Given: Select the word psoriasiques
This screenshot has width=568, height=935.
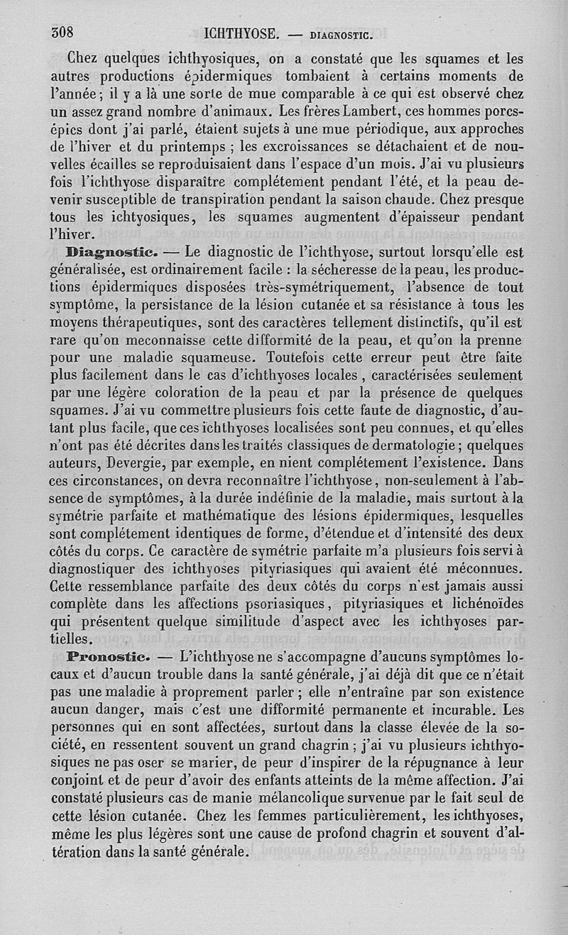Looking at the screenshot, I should (x=272, y=604).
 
